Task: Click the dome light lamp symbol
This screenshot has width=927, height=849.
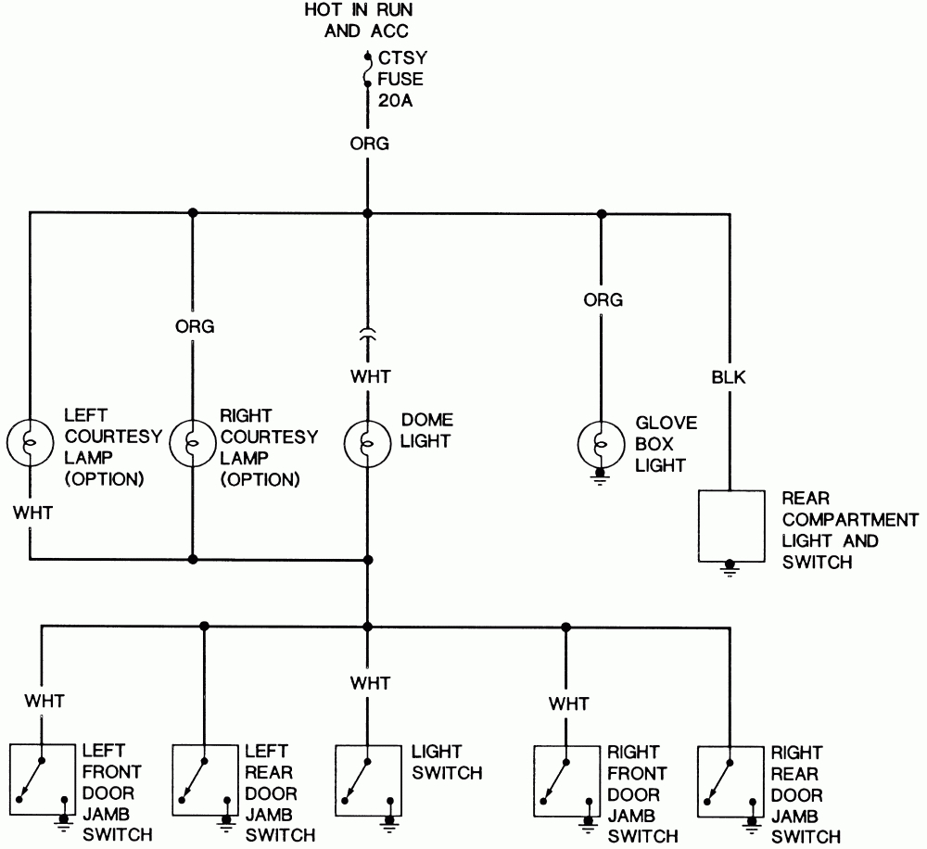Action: pyautogui.click(x=368, y=442)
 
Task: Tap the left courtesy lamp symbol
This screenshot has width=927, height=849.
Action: pyautogui.click(x=30, y=442)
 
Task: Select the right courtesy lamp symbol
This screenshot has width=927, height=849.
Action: pyautogui.click(x=193, y=442)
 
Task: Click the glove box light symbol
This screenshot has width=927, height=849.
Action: pyautogui.click(x=601, y=442)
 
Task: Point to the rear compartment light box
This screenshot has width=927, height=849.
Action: pyautogui.click(x=730, y=527)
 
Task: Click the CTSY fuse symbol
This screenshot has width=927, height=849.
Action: pyautogui.click(x=368, y=70)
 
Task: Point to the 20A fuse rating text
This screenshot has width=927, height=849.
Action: pyautogui.click(x=395, y=100)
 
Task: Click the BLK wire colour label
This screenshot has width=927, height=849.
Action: pyautogui.click(x=730, y=377)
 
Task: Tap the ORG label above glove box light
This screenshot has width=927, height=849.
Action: pyautogui.click(x=603, y=300)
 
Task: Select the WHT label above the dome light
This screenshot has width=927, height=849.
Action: pyautogui.click(x=370, y=377)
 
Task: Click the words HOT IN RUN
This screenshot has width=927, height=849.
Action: pyautogui.click(x=358, y=11)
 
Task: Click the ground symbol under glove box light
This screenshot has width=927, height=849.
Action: pyautogui.click(x=601, y=478)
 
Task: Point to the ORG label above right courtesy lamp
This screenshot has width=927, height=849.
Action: pyautogui.click(x=195, y=326)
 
